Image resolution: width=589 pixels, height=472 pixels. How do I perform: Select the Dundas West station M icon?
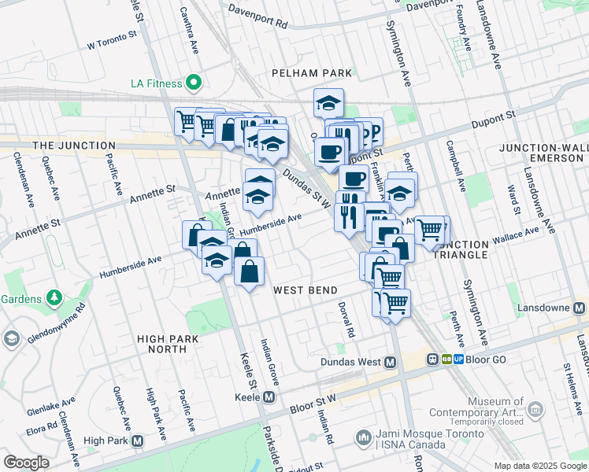tap(389, 362)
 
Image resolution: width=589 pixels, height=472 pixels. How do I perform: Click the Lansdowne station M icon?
tap(580, 308)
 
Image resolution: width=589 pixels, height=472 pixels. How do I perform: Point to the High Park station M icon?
tap(138, 441)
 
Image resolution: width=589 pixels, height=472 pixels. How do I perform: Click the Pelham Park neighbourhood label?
tap(311, 73)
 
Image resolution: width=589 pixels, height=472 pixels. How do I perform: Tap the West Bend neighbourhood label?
tap(306, 290)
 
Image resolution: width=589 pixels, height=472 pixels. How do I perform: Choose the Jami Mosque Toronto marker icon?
tap(364, 437)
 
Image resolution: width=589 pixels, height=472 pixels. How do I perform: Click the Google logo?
tap(26, 463)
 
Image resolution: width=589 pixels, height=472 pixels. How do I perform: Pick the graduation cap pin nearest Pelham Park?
tap(328, 103)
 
